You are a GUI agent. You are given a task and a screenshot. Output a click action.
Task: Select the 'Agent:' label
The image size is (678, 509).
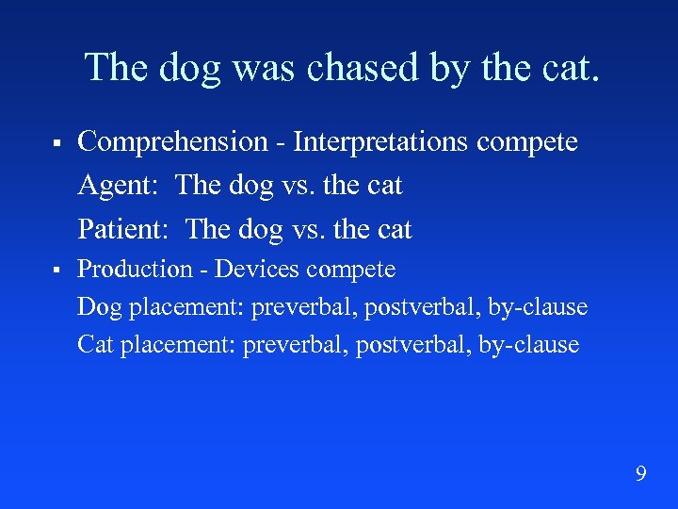119,186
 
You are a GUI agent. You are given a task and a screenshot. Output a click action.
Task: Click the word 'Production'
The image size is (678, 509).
135,270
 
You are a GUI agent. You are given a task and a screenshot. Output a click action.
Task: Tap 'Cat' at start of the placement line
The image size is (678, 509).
95,345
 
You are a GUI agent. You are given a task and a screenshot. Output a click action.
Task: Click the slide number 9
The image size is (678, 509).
640,473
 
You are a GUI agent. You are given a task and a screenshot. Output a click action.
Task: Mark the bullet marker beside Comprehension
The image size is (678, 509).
57,144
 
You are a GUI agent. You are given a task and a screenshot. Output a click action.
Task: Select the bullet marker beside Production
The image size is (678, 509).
57,271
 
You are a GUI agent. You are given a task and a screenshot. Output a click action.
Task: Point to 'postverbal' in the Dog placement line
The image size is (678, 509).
414,307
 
